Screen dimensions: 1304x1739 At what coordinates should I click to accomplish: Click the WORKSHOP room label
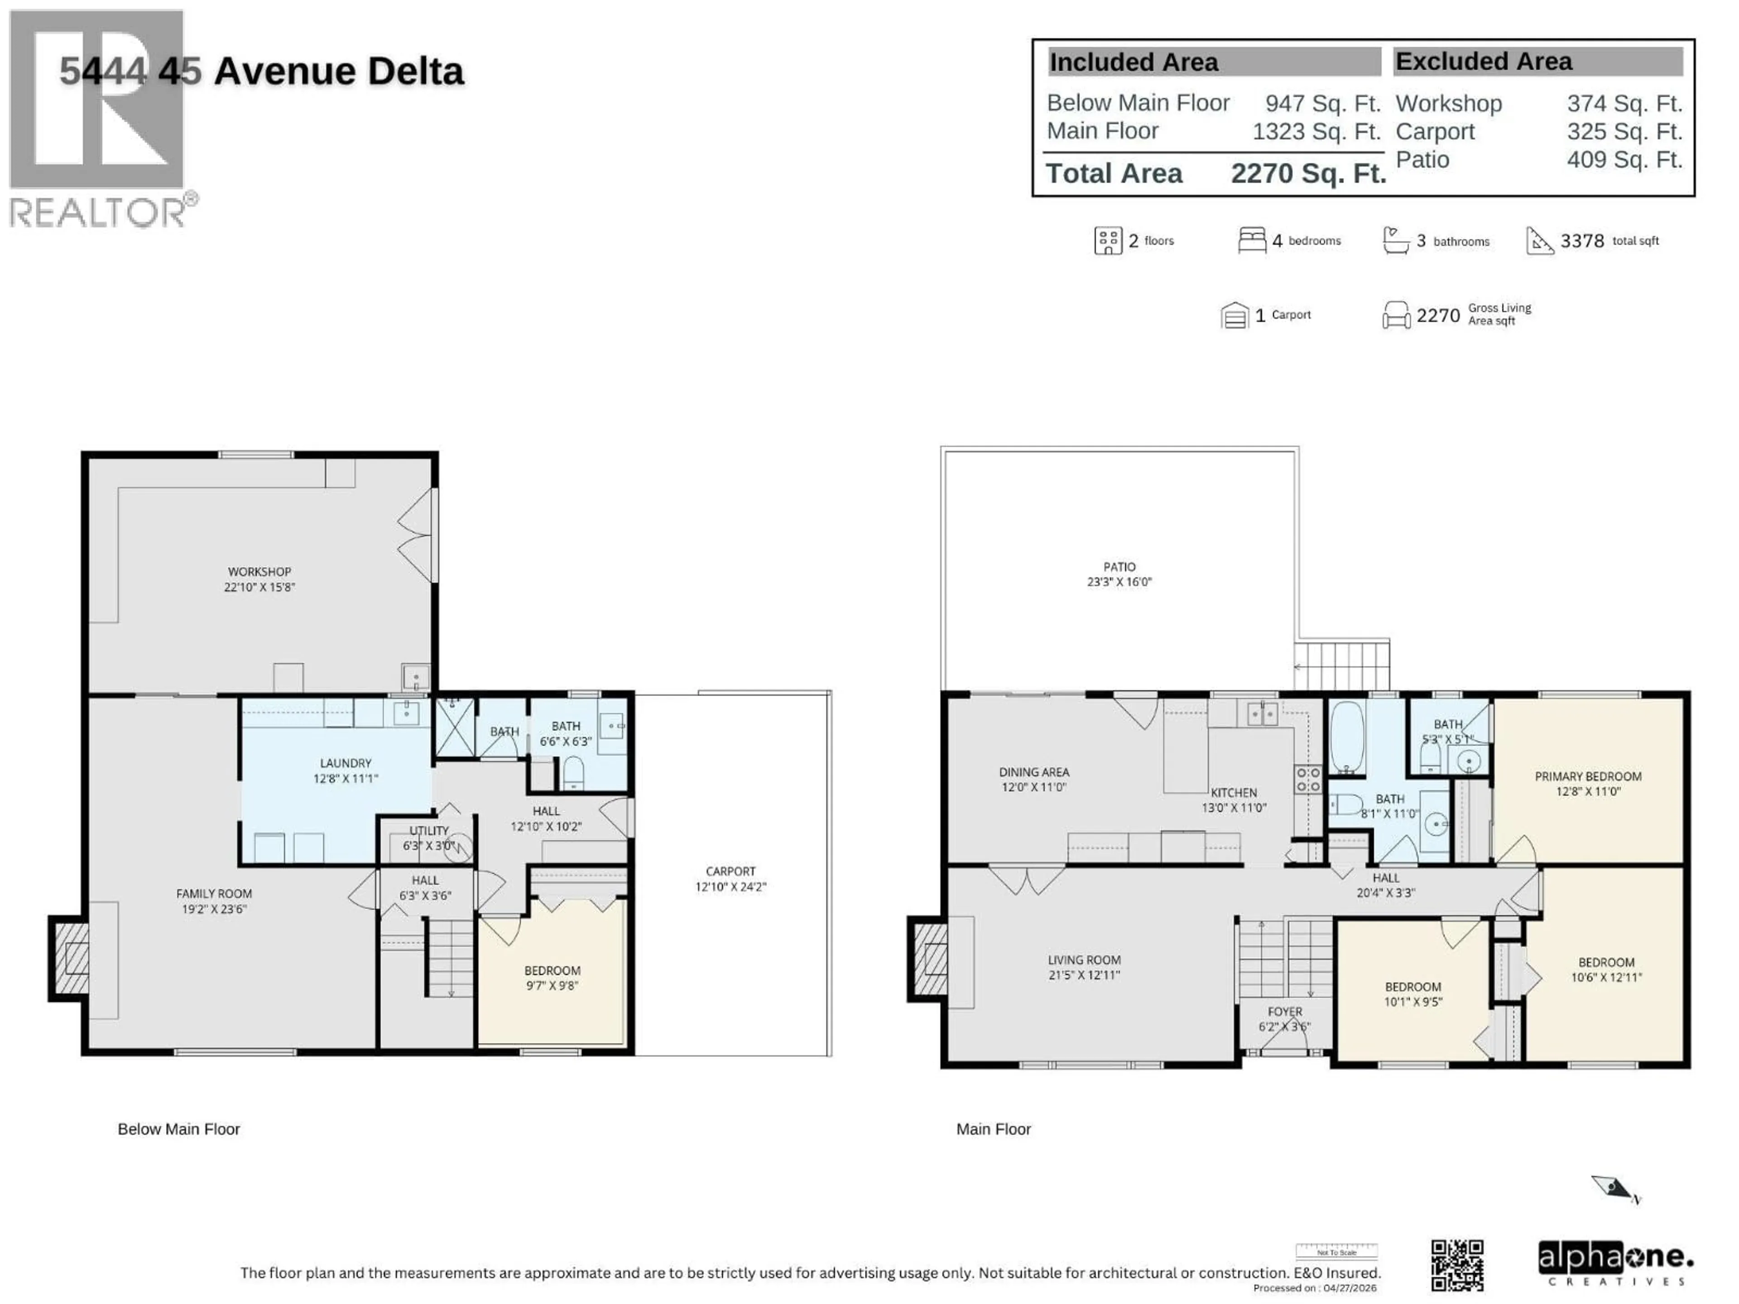(x=259, y=571)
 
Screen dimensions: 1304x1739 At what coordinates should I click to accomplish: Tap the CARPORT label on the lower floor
(x=730, y=871)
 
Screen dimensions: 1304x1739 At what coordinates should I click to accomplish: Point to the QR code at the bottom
(x=1457, y=1265)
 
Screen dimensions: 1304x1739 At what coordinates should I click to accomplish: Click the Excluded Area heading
(x=1484, y=61)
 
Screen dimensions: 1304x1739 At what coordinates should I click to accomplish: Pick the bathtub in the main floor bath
(x=1347, y=737)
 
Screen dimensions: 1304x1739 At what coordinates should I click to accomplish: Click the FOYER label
(x=1285, y=1012)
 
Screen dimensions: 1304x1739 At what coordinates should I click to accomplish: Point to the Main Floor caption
(x=993, y=1129)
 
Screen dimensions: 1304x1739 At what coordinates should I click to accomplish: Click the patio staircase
(x=1342, y=666)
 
